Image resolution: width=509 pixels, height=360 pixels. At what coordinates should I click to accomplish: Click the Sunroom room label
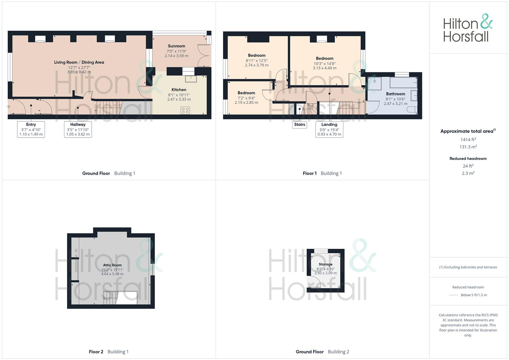tap(176, 46)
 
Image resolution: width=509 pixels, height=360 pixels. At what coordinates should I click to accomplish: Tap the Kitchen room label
tap(179, 90)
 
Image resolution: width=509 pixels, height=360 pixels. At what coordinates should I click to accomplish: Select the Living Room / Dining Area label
tap(79, 62)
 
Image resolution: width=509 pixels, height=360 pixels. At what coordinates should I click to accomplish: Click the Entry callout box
tap(31, 129)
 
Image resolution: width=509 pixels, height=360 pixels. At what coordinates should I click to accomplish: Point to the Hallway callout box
tap(78, 129)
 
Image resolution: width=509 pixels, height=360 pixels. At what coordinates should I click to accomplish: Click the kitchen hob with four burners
tap(185, 110)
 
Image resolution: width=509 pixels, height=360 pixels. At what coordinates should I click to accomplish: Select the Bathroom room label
tap(395, 94)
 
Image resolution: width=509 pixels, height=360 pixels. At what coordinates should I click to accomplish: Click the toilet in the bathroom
tap(412, 109)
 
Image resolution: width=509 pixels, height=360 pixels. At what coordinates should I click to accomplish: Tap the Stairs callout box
tap(299, 125)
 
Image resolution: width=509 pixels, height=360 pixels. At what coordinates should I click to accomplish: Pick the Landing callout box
tap(329, 129)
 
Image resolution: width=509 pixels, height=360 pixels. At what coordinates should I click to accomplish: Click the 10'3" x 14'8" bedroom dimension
tap(324, 63)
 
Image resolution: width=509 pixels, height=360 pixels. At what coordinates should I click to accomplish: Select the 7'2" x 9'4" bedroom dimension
tap(246, 98)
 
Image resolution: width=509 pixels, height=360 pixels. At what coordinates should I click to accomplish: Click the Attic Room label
tap(112, 265)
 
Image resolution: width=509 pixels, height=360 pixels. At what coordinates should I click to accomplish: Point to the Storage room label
tap(325, 264)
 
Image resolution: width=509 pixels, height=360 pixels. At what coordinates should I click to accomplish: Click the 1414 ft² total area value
tap(468, 140)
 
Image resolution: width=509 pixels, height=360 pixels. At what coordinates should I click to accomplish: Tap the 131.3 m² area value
tap(468, 147)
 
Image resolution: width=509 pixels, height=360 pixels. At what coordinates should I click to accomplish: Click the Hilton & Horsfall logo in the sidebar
tap(467, 28)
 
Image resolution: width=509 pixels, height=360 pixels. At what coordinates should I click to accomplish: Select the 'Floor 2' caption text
tap(96, 352)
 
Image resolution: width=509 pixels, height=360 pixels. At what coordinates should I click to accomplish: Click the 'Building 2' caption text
tap(338, 352)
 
